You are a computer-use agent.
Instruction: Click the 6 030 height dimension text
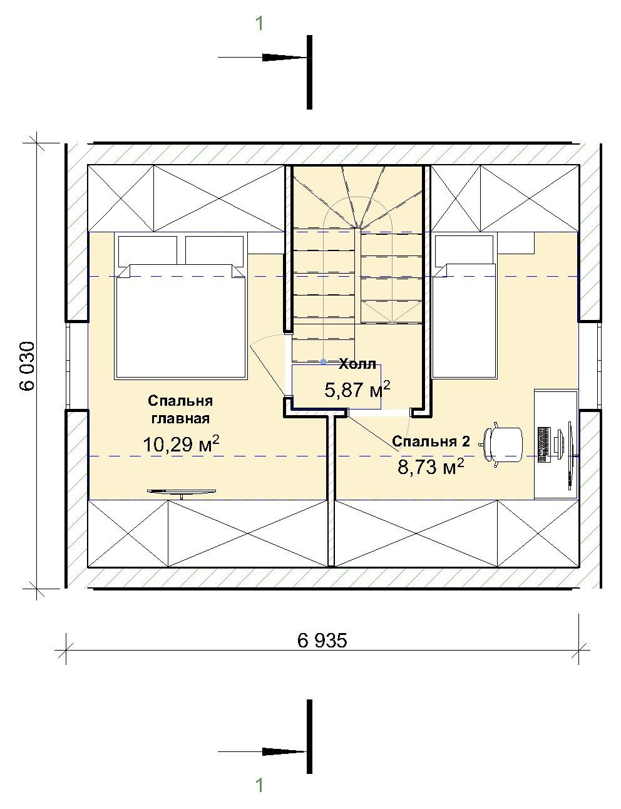27,366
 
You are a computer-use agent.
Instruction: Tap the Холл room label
357,364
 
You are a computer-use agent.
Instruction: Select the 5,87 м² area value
357,389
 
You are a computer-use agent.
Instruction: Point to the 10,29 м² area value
181,444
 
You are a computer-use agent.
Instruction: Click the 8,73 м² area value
431,466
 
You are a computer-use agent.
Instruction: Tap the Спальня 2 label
431,441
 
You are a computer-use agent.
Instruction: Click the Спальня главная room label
180,410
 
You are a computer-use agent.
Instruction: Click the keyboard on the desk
544,445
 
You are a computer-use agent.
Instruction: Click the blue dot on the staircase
324,361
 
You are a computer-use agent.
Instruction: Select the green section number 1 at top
260,24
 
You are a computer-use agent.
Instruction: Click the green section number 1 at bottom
260,786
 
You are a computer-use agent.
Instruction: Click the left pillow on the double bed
148,251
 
